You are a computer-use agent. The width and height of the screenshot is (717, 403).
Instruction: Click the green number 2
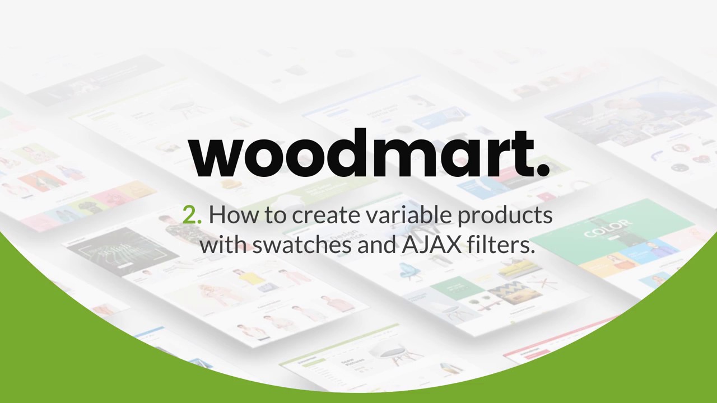pyautogui.click(x=190, y=215)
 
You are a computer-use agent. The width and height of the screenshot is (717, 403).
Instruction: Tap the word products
pyautogui.click(x=505, y=216)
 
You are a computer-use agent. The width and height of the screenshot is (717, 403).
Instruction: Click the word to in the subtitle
pyautogui.click(x=275, y=215)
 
